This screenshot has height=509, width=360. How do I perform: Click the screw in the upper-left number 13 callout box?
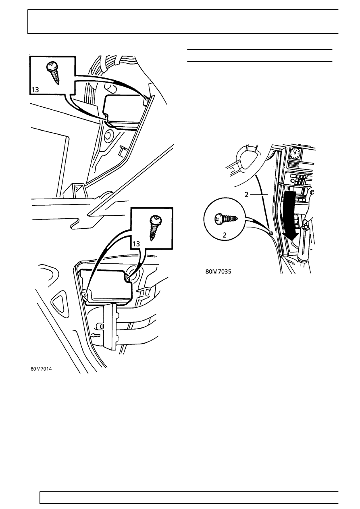pyautogui.click(x=54, y=73)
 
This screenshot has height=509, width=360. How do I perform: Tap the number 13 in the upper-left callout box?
pyautogui.click(x=35, y=90)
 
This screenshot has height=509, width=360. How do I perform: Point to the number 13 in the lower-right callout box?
pyautogui.click(x=136, y=244)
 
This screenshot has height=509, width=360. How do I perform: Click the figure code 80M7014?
pyautogui.click(x=42, y=369)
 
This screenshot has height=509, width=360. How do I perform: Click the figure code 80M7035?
pyautogui.click(x=218, y=271)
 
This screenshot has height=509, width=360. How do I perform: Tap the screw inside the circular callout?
pyautogui.click(x=227, y=219)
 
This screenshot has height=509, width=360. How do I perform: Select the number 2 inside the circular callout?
pyautogui.click(x=225, y=235)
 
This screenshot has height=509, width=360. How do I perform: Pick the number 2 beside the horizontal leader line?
pyautogui.click(x=246, y=194)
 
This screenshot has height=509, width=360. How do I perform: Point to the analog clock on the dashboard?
pyautogui.click(x=295, y=153)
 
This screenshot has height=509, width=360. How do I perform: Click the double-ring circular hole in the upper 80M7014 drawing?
pyautogui.click(x=108, y=136)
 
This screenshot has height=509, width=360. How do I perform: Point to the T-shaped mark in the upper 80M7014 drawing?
pyautogui.click(x=123, y=151)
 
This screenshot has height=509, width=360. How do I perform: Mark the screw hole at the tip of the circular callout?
pyautogui.click(x=272, y=232)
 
